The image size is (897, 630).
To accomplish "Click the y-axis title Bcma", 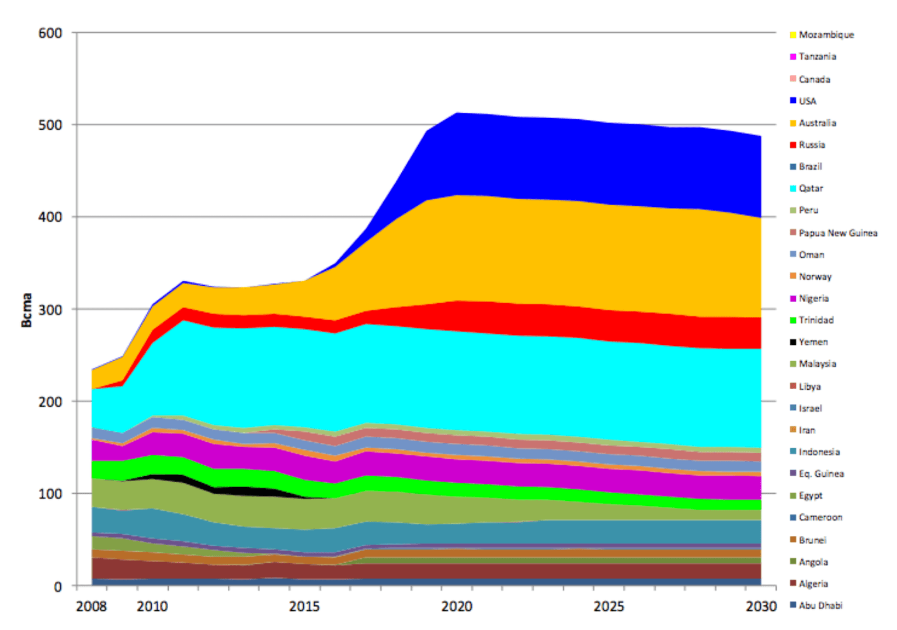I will pos(26,310).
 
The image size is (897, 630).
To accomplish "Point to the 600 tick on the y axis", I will pos(51,33).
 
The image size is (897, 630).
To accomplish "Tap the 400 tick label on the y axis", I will pos(51,217).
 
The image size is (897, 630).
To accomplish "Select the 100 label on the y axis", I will pos(51,494).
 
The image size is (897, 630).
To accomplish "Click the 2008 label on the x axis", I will pos(92,606).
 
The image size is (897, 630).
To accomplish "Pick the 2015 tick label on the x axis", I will pos(304,606).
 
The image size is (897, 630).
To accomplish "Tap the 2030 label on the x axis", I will pos(761,606).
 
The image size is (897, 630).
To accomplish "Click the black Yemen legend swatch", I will pos(793,342).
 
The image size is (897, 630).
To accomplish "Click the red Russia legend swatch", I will pos(793,145).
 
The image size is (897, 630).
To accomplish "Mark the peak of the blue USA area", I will pos(457,113).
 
